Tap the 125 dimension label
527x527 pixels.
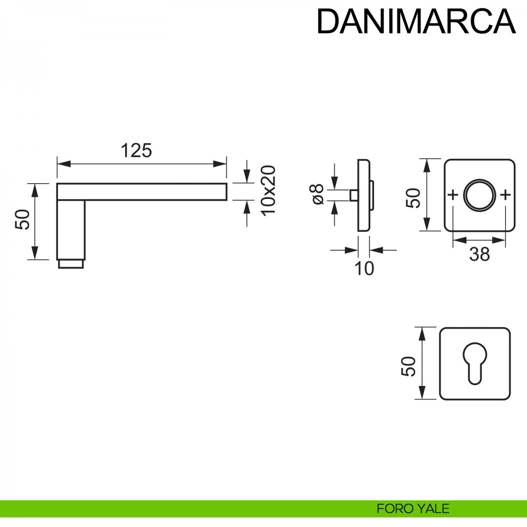pos(136,151)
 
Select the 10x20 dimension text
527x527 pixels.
pos(268,190)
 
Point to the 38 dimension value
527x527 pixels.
pos(479,254)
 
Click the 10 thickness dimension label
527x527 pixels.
pos(364,268)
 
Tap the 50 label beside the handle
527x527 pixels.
pos(22,219)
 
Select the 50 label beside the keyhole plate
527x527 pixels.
pos(408,366)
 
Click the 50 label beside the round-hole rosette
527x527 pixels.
pos(414,198)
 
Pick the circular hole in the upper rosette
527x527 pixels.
pos(480,195)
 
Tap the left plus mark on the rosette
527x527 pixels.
pos(453,195)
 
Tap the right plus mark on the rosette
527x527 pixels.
pos(506,195)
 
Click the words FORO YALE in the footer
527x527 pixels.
pos(413,509)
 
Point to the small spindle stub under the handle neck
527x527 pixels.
pos(71,264)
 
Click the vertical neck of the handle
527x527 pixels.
pos(71,229)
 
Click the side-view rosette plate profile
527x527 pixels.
pos(364,195)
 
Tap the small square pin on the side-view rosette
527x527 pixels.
pos(354,195)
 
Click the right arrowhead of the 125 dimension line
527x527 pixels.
pos(220,164)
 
